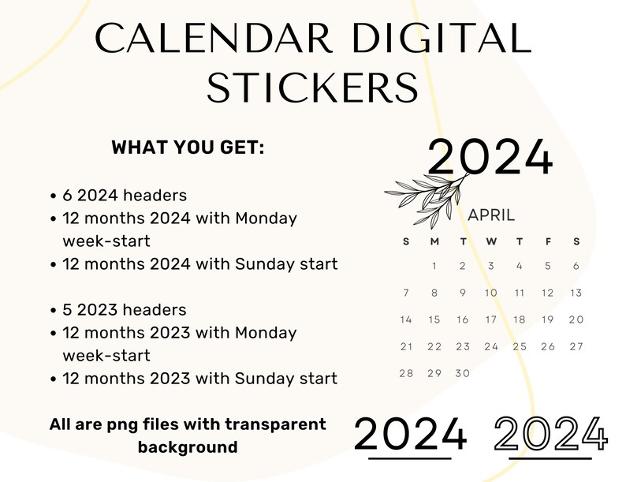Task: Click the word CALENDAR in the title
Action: click(214, 38)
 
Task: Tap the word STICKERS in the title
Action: click(312, 88)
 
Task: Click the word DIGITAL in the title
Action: click(442, 38)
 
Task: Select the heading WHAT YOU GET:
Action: click(188, 148)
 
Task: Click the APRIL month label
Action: click(491, 215)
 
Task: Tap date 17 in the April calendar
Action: click(491, 319)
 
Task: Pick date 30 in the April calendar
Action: click(463, 373)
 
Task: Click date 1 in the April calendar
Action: click(434, 266)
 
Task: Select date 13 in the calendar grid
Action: click(576, 293)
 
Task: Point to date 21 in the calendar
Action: click(406, 346)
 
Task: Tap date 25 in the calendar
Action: click(520, 346)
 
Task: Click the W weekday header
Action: click(491, 241)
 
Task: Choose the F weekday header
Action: click(548, 241)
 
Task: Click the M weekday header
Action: click(434, 241)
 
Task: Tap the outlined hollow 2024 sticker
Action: click(551, 434)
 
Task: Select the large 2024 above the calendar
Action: click(490, 156)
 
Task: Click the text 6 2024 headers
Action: click(125, 196)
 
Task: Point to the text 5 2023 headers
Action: click(124, 310)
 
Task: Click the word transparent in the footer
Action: click(275, 424)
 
